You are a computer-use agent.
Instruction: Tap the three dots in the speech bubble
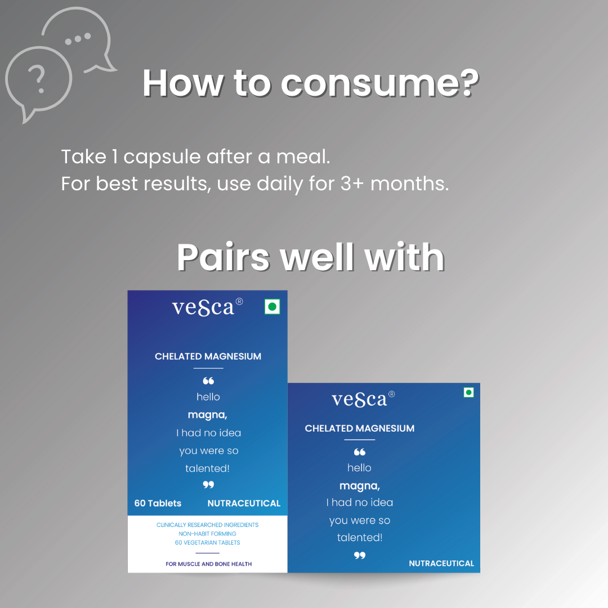coord(78,38)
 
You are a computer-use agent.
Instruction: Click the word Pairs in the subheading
coord(223,257)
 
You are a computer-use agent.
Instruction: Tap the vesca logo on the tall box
coord(207,307)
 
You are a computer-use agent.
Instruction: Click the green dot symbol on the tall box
coord(272,307)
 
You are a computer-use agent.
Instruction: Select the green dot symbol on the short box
coord(468,392)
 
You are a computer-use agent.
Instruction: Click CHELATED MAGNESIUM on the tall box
coord(208,356)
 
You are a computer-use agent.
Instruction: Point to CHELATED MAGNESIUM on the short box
coord(359,428)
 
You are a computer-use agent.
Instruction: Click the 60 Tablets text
coord(158,503)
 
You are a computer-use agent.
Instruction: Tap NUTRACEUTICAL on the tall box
coord(244,503)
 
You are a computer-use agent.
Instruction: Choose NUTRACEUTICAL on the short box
coord(441,564)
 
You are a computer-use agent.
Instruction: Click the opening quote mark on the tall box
coord(208,381)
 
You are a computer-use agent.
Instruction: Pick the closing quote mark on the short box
coord(359,555)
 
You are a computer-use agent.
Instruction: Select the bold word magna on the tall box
coord(207,415)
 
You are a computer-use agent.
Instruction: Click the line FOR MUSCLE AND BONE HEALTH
coord(209,564)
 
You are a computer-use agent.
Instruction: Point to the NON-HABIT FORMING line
coord(207,534)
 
